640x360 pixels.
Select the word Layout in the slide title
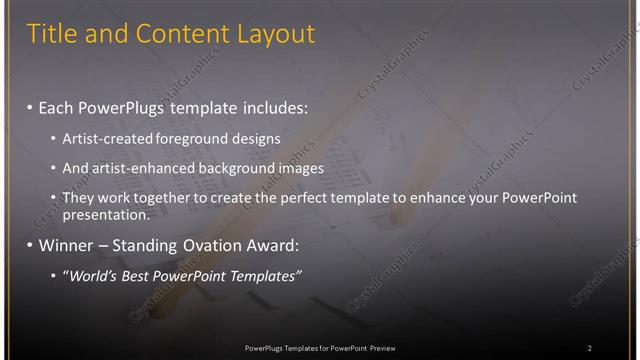tap(275, 34)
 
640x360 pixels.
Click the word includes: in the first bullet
tap(272, 107)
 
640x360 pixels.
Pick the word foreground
tap(191, 138)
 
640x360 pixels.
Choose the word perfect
tap(293, 198)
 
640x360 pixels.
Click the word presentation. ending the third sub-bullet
tap(106, 214)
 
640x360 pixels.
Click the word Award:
tap(271, 245)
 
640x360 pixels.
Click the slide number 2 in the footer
tap(589, 348)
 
